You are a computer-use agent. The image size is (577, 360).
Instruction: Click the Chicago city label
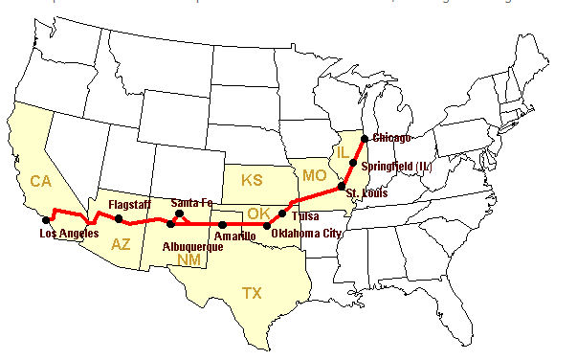[x=391, y=138]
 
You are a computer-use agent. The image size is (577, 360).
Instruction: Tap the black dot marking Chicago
[x=365, y=139]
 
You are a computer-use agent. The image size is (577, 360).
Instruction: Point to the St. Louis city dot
[x=341, y=186]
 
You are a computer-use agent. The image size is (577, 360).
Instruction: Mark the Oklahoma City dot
[x=268, y=225]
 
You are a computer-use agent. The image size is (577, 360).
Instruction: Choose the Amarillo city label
[x=234, y=236]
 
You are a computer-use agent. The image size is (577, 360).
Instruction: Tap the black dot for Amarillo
[x=222, y=225]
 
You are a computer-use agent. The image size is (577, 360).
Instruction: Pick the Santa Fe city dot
[x=179, y=214]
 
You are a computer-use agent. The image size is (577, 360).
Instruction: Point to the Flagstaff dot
[x=119, y=219]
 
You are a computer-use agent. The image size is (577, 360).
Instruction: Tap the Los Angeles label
[x=68, y=234]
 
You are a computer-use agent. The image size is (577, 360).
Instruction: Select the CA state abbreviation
[x=39, y=181]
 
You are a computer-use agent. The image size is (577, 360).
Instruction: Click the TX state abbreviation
[x=252, y=292]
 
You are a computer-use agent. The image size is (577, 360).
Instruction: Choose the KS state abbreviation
[x=252, y=181]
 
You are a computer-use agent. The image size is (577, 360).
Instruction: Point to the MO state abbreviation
[x=314, y=175]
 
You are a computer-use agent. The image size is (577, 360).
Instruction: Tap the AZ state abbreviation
[x=122, y=244]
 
